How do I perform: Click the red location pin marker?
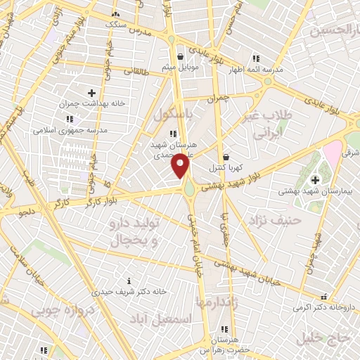click(x=181, y=166)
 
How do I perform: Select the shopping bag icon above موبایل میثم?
click(x=181, y=57)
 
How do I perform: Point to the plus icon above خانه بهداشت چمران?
click(x=91, y=92)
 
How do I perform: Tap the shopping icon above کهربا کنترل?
click(x=226, y=157)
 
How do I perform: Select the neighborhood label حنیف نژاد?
click(x=274, y=221)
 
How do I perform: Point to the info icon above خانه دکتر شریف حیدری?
click(x=127, y=279)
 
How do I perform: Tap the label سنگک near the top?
click(x=117, y=25)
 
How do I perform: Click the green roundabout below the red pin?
click(x=189, y=188)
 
